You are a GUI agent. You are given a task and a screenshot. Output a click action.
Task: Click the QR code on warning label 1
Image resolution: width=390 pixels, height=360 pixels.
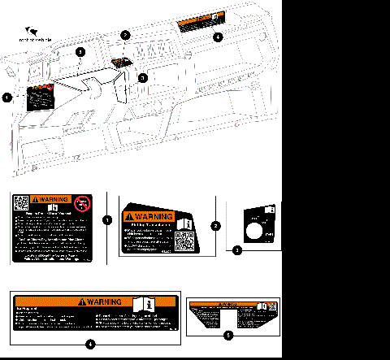point(22,204)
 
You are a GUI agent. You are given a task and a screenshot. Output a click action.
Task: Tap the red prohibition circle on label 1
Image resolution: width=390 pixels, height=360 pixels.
point(81,205)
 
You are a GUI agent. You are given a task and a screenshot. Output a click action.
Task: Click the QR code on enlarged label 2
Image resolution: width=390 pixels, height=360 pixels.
point(184,241)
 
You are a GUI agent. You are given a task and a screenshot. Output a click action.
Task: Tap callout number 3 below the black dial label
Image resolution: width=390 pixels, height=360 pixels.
point(236,251)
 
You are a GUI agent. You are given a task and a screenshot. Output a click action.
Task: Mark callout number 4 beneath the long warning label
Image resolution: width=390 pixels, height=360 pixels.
point(89,344)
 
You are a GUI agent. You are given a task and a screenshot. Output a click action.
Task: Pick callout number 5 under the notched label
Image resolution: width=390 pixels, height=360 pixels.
point(228,333)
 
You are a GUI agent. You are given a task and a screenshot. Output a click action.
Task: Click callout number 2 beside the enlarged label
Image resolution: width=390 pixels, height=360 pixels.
point(215,225)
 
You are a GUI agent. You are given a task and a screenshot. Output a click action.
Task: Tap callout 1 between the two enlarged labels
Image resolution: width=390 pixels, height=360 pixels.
point(108,219)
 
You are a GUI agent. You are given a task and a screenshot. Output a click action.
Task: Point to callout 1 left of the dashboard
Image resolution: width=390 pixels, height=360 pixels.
point(7,98)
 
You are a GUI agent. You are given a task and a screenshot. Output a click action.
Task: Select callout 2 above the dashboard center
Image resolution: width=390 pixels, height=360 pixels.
point(124,35)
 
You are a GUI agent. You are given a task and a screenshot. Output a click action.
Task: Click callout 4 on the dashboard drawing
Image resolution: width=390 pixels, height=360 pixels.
point(216,37)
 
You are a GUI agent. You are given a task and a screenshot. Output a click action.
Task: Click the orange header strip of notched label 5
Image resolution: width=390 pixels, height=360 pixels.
point(228,303)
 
